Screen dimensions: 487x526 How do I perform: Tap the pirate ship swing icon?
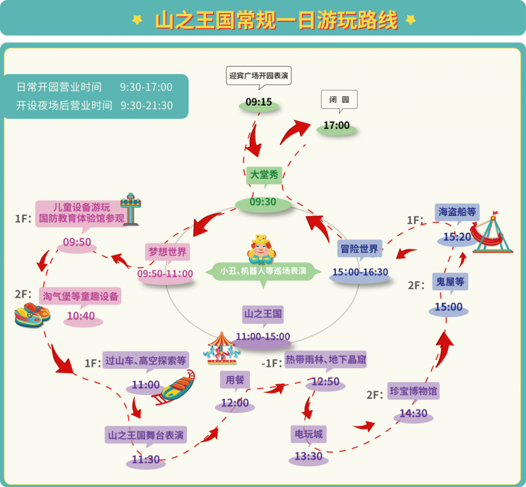491,234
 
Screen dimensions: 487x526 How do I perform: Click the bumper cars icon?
32,314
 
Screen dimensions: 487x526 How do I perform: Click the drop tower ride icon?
130,209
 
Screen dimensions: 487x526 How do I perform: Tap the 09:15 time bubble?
259,103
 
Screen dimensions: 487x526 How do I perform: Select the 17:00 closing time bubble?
337,126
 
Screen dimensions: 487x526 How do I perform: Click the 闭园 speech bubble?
339,100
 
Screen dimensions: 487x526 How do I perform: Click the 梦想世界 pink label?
167,252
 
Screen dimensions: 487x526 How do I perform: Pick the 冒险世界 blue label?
359,249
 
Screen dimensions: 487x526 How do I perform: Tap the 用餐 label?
234,380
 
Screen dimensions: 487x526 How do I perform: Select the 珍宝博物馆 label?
413,391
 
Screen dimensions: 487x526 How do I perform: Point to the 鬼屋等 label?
450,282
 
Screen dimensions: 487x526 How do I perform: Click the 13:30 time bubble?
308,456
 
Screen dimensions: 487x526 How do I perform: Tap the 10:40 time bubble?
81,317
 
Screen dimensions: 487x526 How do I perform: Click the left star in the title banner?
138,19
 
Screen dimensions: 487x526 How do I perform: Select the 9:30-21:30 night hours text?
146,106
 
